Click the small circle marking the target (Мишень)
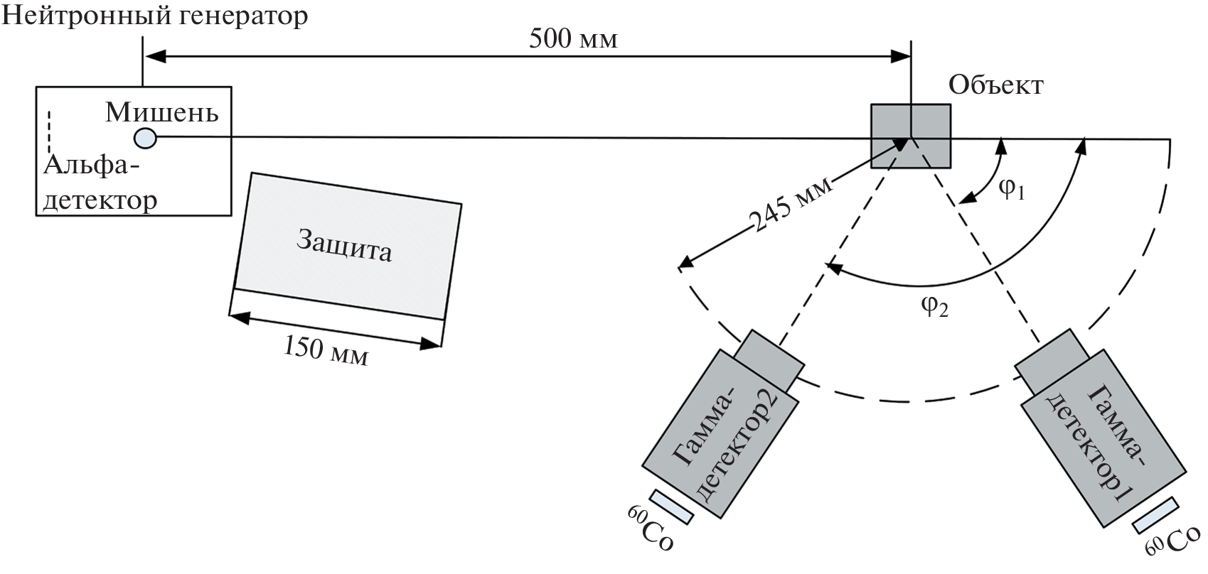point(145,137)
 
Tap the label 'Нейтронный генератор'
point(155,16)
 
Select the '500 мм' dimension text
point(573,39)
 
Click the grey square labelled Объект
point(912,136)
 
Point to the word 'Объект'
point(995,87)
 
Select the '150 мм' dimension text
point(326,350)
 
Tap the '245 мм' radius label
point(790,205)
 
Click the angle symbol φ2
point(935,307)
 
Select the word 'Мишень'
point(161,112)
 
